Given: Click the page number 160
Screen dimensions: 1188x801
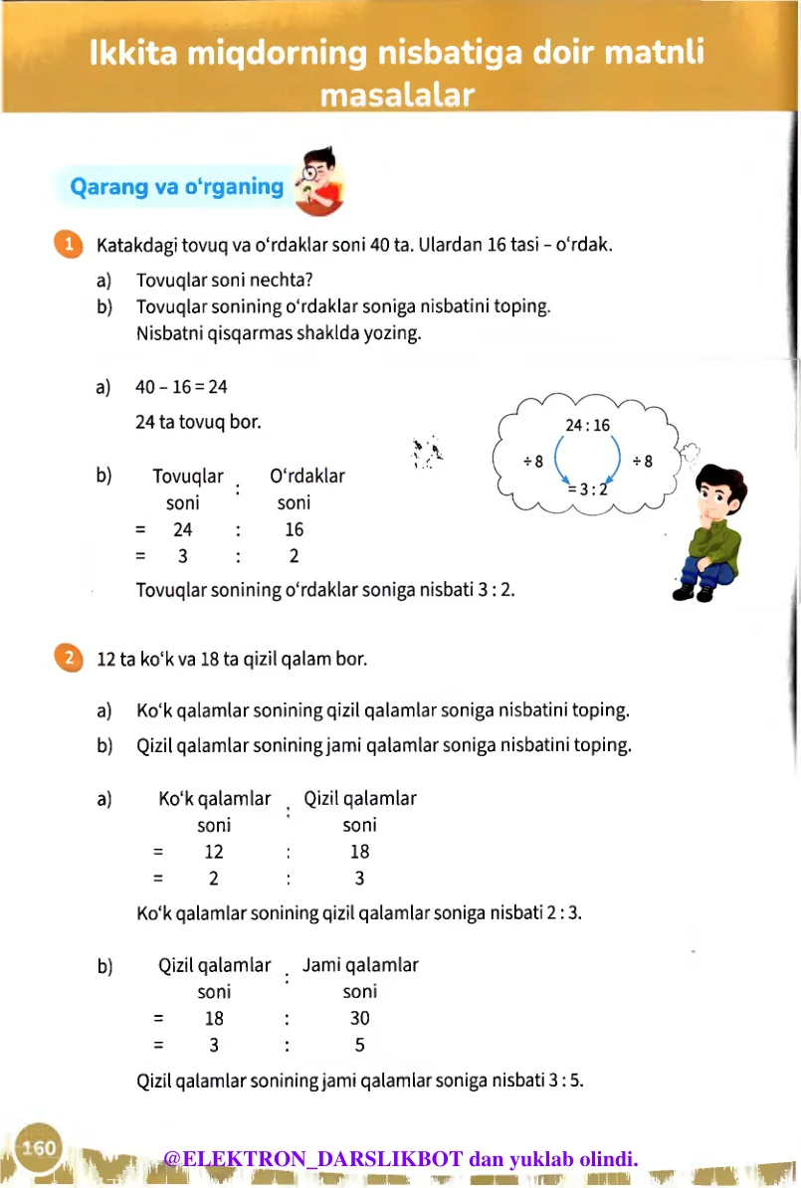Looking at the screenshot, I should click(39, 1147).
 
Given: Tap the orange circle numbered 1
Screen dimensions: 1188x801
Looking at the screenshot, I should click(67, 245).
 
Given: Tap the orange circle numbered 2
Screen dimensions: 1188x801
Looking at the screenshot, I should click(67, 659).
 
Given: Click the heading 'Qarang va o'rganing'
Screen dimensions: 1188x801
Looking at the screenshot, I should click(176, 186).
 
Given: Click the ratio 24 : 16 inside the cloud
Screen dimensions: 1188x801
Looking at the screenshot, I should click(587, 425).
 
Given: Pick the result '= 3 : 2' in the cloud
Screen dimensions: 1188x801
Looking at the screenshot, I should click(587, 489).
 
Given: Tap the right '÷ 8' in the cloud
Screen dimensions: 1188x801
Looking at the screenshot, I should click(642, 461).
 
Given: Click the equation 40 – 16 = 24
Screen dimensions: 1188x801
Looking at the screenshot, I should click(182, 386).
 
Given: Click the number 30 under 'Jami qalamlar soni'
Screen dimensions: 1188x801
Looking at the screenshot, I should click(359, 1018).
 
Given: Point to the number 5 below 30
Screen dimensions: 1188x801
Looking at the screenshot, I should click(359, 1045).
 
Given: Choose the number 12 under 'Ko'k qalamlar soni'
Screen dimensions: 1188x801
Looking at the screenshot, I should click(214, 851).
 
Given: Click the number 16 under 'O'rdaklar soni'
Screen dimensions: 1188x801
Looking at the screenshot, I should click(294, 529).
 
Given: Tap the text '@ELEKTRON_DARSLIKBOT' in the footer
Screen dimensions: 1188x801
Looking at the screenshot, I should click(313, 1158).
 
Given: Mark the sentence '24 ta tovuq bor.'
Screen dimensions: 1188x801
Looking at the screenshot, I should click(198, 422).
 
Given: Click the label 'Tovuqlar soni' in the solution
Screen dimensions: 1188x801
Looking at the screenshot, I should click(187, 489).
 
